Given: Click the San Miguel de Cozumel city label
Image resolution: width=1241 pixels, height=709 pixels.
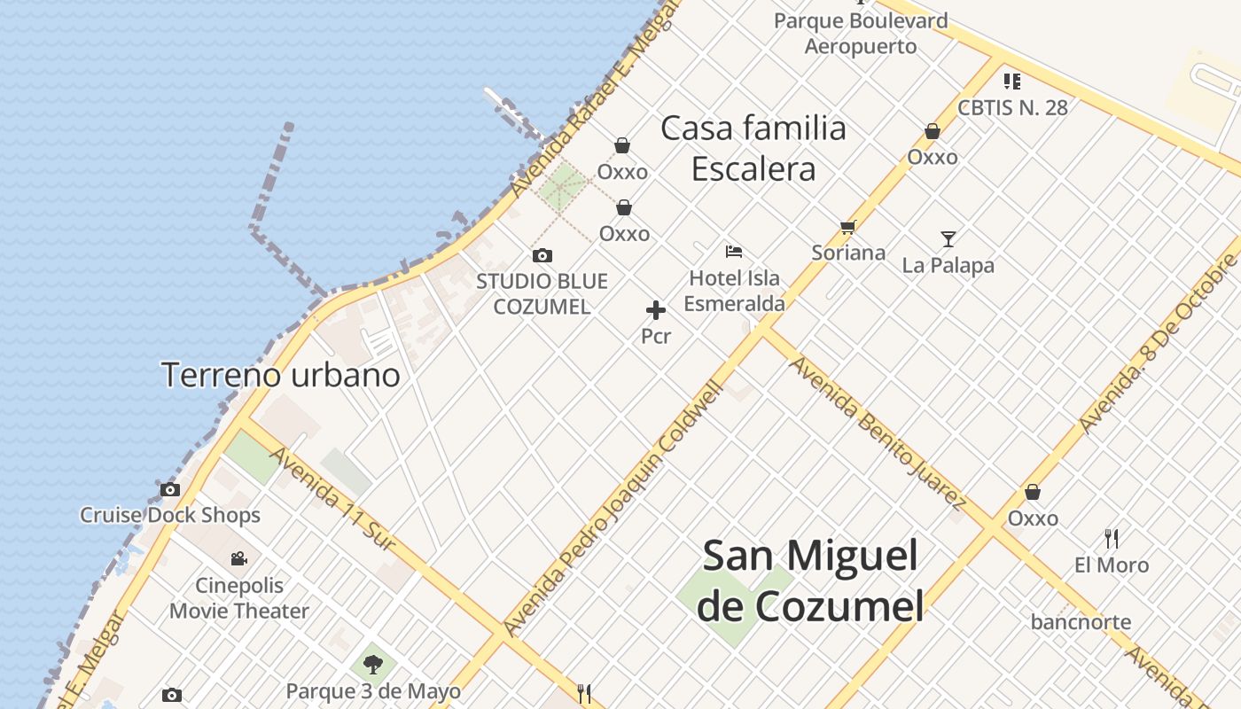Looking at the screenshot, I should (811, 581).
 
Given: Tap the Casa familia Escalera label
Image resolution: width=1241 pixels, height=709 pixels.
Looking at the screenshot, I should (753, 148).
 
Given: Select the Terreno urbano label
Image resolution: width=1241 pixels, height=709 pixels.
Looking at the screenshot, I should (280, 375).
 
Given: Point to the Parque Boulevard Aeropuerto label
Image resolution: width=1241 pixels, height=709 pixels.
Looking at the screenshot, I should (861, 33).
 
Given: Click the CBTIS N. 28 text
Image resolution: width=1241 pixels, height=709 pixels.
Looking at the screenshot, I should (1012, 108).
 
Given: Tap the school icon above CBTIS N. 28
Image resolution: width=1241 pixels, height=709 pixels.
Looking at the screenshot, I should (1012, 82).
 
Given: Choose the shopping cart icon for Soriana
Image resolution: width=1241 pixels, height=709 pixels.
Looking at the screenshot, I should (848, 228).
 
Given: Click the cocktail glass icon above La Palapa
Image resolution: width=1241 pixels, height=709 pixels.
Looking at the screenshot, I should (948, 239).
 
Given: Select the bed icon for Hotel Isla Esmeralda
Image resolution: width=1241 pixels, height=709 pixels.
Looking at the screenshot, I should (733, 252).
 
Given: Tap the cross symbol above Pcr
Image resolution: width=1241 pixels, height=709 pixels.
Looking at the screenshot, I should (656, 310).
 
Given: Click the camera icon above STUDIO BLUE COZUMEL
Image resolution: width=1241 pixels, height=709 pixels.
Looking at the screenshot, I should (542, 256).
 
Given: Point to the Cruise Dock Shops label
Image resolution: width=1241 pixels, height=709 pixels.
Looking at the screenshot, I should (170, 515).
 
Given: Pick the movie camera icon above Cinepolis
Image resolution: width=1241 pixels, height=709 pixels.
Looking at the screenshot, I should (238, 559).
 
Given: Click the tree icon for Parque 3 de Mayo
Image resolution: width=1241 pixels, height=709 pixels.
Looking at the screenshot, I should (373, 665).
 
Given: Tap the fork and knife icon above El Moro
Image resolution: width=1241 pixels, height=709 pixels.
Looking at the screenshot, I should (1112, 538).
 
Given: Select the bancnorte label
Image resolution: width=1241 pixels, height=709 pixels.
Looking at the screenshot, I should (1081, 622).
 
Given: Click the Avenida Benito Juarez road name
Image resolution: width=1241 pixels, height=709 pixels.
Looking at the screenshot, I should (877, 433).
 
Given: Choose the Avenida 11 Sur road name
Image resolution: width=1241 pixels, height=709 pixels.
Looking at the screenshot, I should (332, 499).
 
